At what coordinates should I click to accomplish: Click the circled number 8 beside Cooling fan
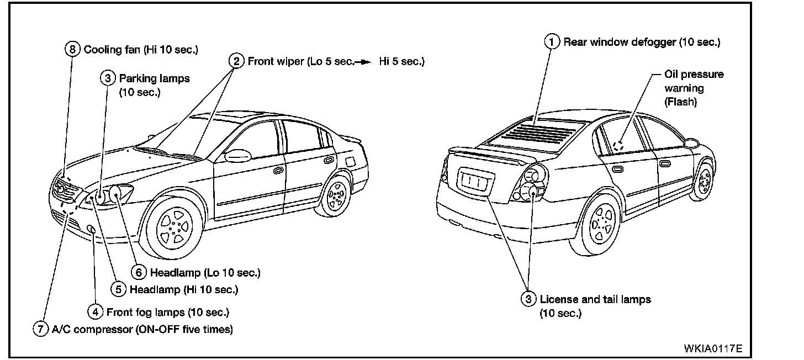point(72,49)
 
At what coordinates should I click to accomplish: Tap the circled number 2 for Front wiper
point(236,61)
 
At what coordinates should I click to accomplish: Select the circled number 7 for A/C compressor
point(40,329)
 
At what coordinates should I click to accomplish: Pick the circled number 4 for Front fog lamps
point(96,312)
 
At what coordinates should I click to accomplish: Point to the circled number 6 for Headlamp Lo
point(139,272)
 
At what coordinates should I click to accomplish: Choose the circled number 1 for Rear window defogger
point(551,41)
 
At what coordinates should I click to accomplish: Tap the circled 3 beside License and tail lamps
point(529,299)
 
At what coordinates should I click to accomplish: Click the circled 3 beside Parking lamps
point(108,78)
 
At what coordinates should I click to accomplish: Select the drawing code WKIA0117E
point(713,348)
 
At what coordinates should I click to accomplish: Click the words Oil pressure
point(694,75)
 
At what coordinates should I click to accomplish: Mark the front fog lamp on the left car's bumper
point(92,230)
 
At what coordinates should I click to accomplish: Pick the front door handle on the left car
point(278,171)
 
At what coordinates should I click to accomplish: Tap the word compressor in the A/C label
point(100,329)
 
